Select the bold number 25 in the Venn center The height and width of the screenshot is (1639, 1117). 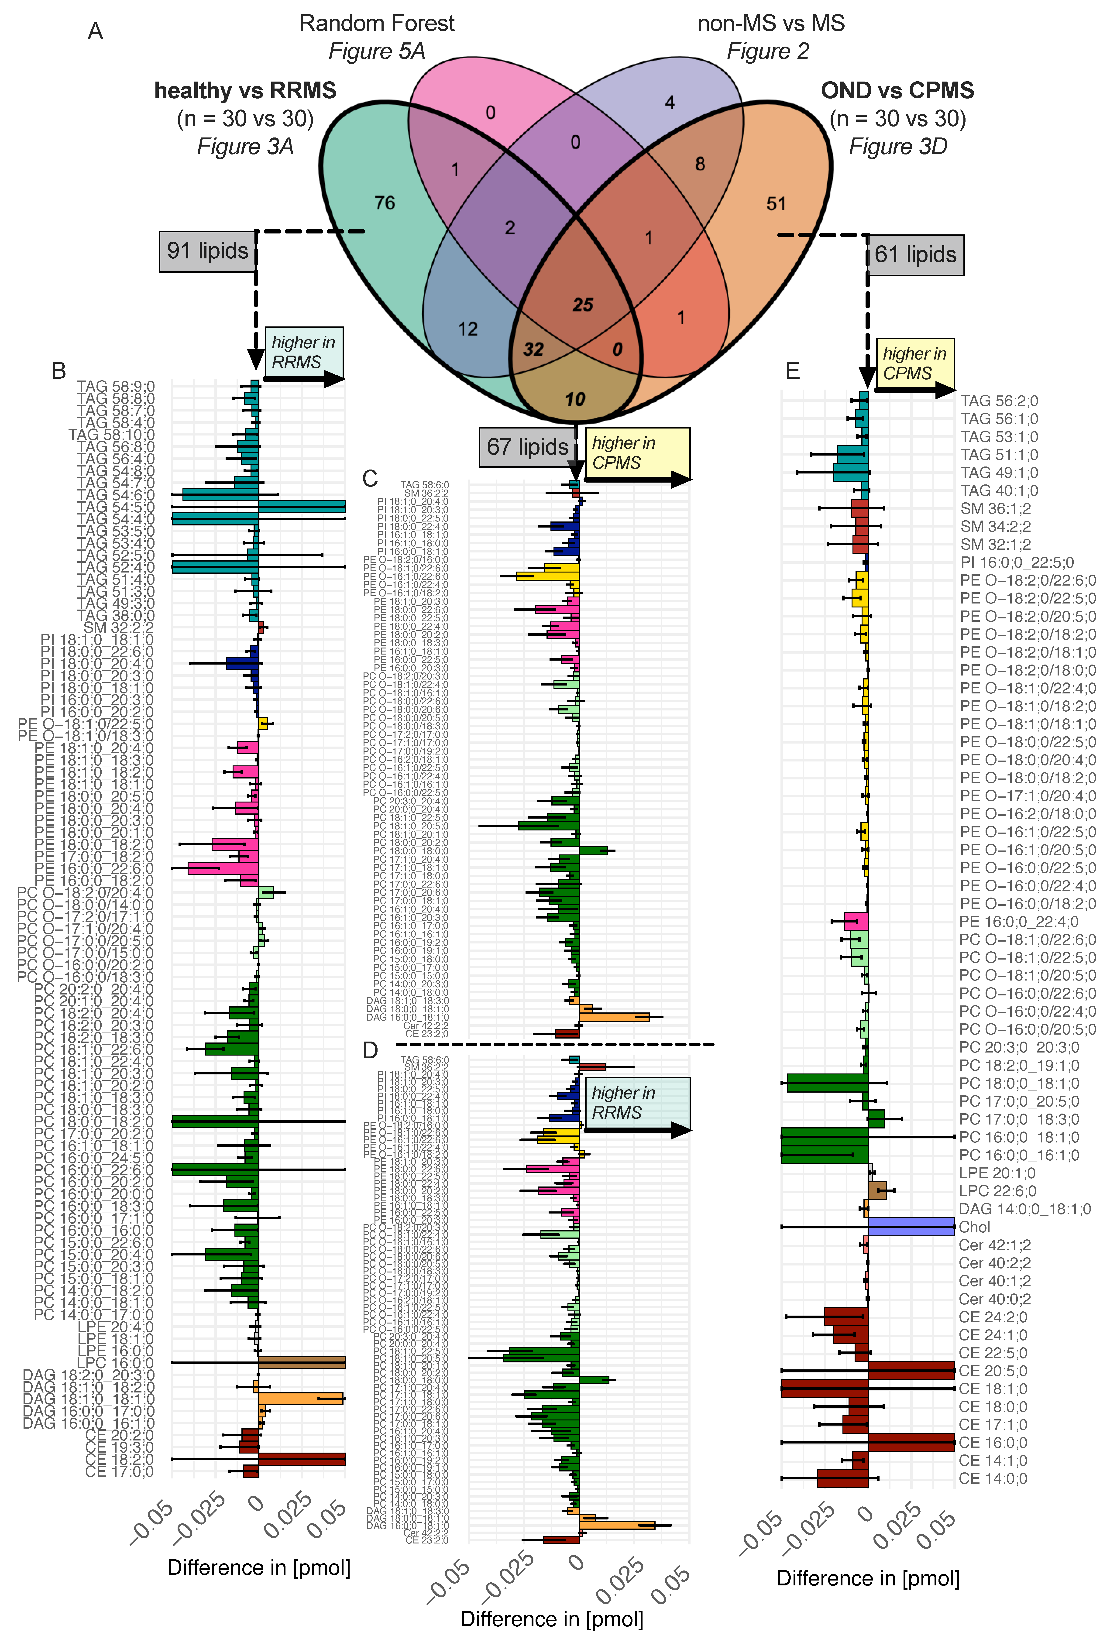(582, 305)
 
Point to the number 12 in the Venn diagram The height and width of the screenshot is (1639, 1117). (467, 329)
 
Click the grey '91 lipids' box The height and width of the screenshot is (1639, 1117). (207, 251)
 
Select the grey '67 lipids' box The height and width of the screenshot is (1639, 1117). (527, 447)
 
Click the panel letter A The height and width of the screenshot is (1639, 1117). (95, 32)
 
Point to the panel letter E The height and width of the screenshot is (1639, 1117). (793, 371)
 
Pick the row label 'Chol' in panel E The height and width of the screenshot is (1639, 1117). (975, 1227)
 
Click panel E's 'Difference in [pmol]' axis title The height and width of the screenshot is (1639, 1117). (868, 1578)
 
